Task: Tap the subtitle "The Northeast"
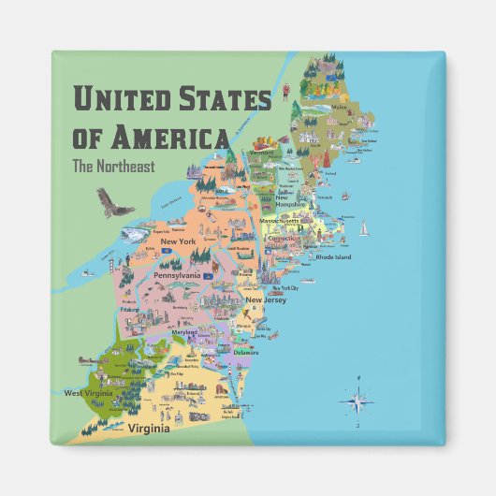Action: pos(113,168)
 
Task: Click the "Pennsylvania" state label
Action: pos(177,276)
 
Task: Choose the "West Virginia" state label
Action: pos(88,393)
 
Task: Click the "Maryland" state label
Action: pos(185,330)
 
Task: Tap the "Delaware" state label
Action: pos(246,352)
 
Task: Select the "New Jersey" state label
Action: pos(265,299)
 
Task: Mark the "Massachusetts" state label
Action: pos(284,222)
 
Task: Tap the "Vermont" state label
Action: pos(262,152)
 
